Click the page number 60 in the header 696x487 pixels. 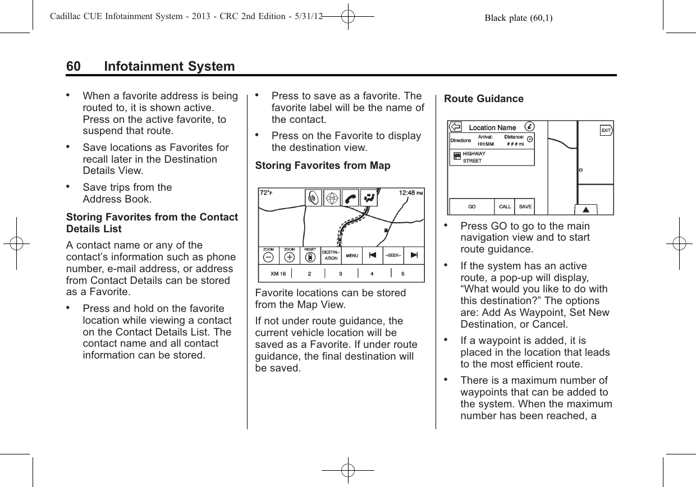click(73, 67)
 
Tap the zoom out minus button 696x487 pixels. click(268, 257)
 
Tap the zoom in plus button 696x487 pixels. click(289, 257)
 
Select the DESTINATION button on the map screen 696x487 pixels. click(331, 255)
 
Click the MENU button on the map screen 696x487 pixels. click(352, 256)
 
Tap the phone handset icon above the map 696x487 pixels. click(351, 197)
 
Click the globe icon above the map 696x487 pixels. click(332, 197)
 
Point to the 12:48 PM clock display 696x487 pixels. click(410, 193)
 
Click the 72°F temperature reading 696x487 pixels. click(266, 193)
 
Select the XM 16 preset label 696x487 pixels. click(278, 274)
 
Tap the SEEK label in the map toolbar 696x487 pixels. click(392, 255)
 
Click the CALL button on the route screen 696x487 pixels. click(505, 206)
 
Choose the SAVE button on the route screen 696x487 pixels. click(525, 206)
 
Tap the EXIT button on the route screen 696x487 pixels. click(606, 131)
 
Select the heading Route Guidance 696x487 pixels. click(483, 99)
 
